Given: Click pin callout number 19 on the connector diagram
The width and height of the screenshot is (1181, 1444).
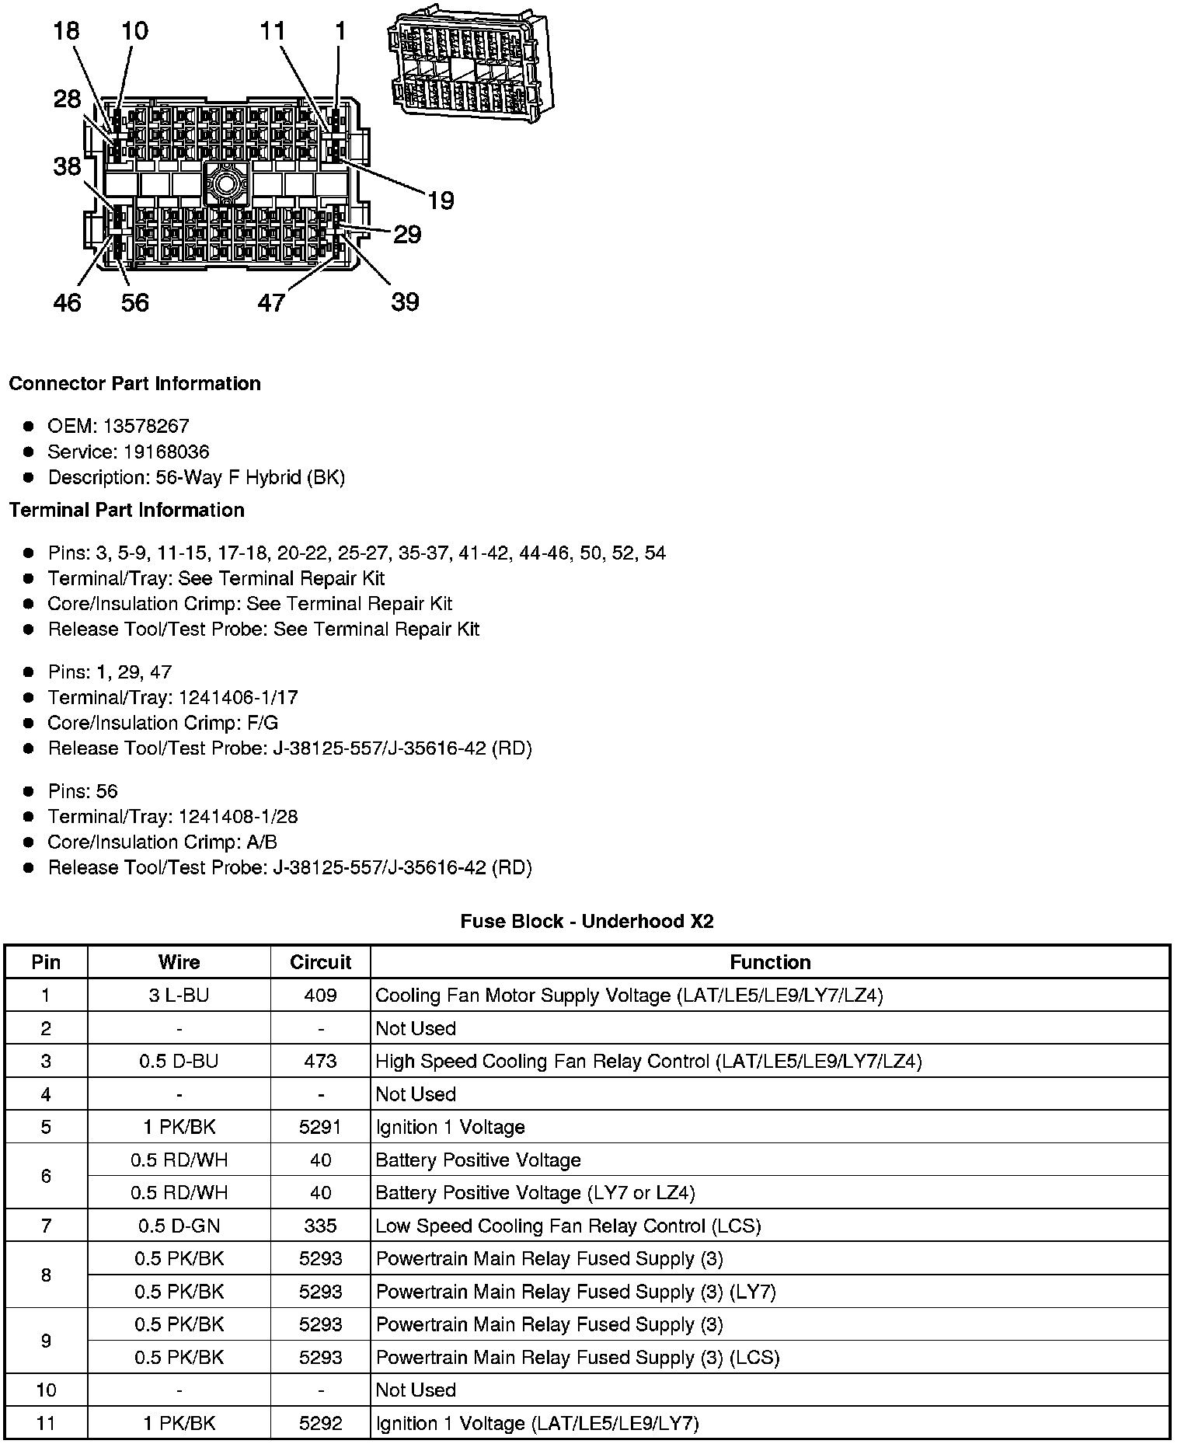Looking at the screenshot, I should pos(441,201).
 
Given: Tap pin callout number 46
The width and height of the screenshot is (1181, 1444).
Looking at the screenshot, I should pos(67,302).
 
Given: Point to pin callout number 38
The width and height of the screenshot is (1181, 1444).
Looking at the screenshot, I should pos(67,166).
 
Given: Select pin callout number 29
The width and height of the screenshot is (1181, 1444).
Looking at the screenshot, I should pos(407,234).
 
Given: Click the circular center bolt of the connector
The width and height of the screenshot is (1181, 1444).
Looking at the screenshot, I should pos(226,185).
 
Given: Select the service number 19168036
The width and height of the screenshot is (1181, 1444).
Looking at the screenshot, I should pos(166,452).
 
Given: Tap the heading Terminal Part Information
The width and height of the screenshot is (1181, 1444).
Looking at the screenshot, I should pos(127,510).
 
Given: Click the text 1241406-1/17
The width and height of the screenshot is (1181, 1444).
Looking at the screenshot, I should pos(238,697).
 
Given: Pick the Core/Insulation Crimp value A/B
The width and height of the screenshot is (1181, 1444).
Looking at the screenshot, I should pos(260,842).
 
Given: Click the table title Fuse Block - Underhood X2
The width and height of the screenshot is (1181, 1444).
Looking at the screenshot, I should pos(587,921).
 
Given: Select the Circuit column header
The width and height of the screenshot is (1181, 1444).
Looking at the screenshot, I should pos(320,962).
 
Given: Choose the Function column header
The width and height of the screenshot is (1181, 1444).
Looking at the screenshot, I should pos(770,962).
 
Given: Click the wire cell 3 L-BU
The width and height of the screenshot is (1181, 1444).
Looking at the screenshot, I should pos(179,995).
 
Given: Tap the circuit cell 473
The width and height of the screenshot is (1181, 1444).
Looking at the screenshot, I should pos(320,1061).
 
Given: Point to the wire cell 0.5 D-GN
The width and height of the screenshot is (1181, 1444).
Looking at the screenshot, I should pos(179,1226).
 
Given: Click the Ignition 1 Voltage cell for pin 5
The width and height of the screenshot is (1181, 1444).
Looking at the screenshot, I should pos(450,1127).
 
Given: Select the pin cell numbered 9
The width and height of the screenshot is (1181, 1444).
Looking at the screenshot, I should pos(46,1341).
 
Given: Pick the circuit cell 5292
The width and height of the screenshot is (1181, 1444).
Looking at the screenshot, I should pos(320,1423).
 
